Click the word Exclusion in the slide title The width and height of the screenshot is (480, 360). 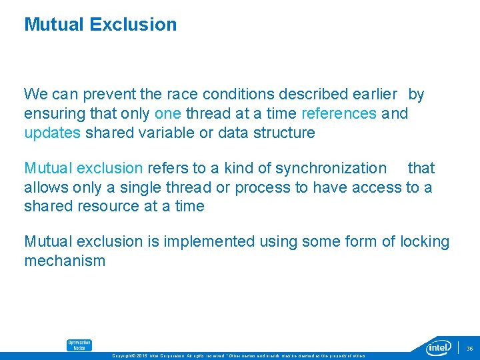(133, 25)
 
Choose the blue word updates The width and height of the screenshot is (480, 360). (52, 133)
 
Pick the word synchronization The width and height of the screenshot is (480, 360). (331, 169)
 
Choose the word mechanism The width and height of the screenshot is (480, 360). (65, 261)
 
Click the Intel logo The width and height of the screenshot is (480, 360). (440, 347)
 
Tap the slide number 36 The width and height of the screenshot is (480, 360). (469, 347)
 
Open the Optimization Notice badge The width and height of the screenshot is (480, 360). (79, 345)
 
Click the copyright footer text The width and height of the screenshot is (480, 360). (240, 355)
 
